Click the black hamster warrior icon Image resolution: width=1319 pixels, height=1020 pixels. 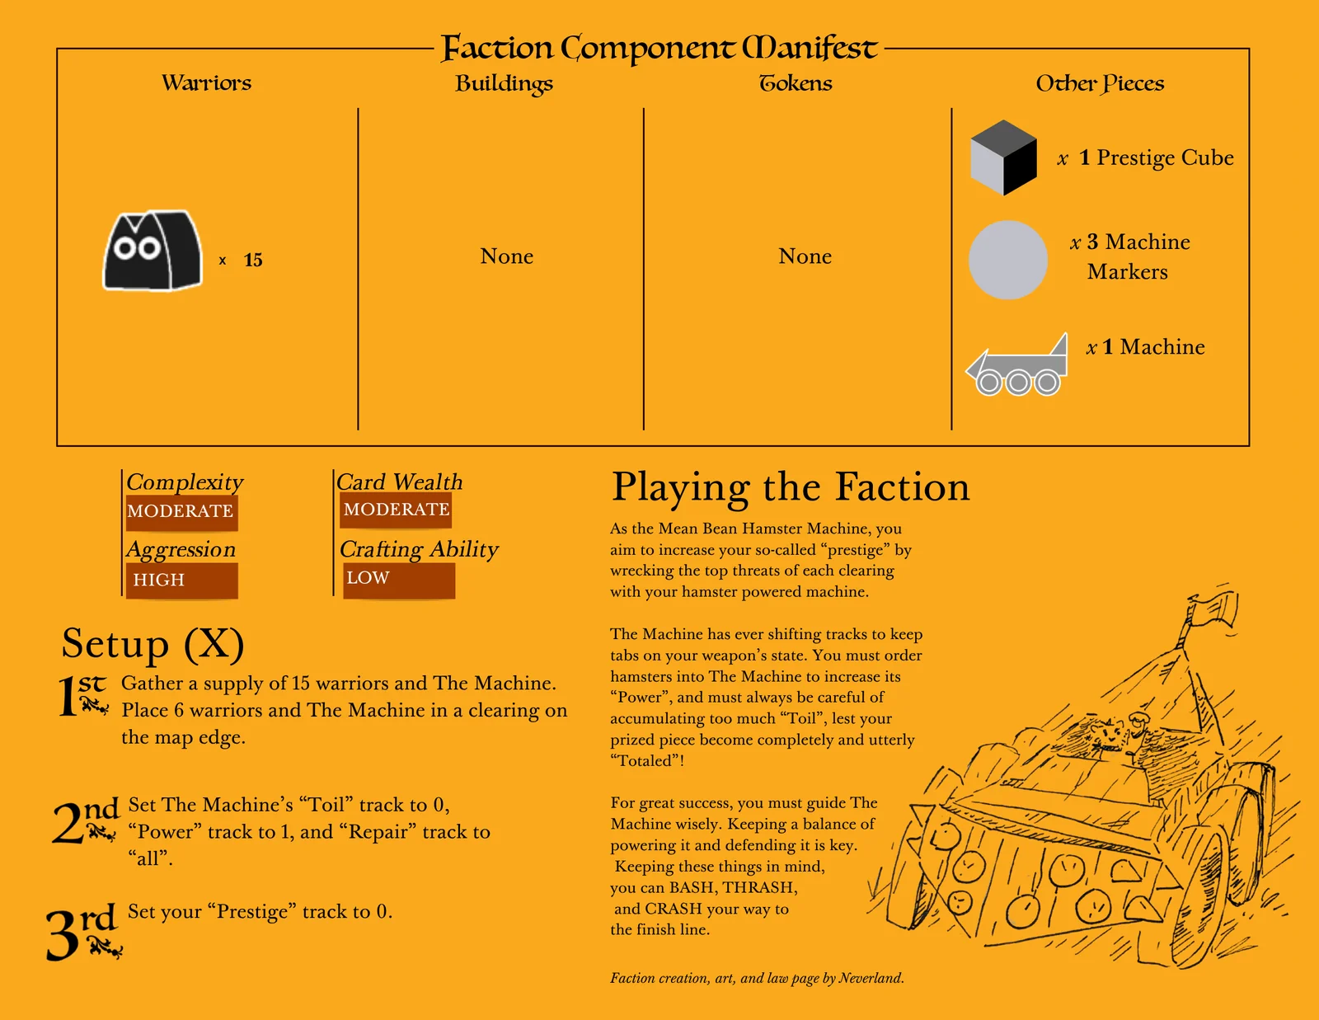point(153,250)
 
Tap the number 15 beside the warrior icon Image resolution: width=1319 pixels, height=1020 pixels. point(253,260)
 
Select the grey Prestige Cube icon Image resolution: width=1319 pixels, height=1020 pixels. point(1003,157)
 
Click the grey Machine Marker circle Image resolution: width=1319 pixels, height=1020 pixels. point(1007,260)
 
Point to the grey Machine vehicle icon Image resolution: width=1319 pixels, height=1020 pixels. point(1016,364)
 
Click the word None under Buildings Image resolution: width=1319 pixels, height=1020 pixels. point(507,256)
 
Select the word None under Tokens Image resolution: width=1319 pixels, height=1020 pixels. point(805,256)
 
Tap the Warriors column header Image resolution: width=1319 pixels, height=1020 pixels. point(206,83)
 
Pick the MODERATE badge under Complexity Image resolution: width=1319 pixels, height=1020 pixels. point(181,512)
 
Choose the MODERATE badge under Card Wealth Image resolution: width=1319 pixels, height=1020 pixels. point(396,510)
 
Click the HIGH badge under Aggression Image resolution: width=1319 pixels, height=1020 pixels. point(181,581)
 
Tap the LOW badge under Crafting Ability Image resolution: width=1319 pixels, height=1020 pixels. point(399,580)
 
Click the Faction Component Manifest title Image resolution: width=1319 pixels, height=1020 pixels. point(659,49)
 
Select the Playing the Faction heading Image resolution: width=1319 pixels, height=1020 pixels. point(791,487)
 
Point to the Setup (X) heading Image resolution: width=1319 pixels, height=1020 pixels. point(153,643)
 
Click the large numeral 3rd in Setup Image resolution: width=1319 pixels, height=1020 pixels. point(83,932)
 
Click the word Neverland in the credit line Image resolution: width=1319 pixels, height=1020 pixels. point(870,978)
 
